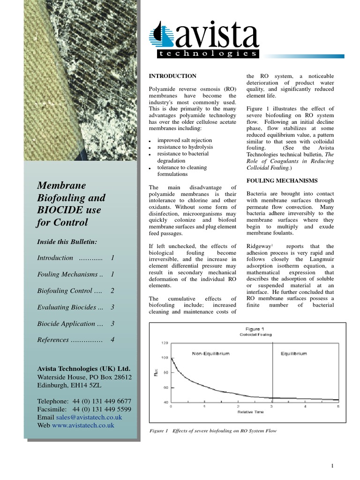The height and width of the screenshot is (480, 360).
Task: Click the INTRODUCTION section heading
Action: tap(172, 75)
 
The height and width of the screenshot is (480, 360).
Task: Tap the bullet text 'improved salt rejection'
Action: tap(184, 140)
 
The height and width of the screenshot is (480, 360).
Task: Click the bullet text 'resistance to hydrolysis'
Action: tap(185, 147)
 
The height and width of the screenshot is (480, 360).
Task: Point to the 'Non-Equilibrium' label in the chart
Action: tap(210, 353)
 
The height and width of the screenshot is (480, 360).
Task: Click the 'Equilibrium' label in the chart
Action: tap(293, 353)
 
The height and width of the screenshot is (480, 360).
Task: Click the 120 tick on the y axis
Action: tap(164, 343)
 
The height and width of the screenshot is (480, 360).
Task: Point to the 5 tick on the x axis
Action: tap(338, 406)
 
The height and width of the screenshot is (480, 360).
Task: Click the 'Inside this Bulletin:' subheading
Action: tap(67, 241)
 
